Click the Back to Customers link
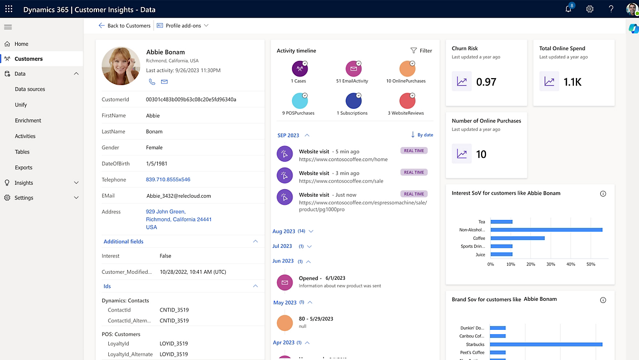(124, 25)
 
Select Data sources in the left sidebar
(30, 89)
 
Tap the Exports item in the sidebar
(24, 168)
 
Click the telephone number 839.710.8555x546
(168, 179)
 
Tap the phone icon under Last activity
(152, 82)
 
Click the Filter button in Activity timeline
(421, 51)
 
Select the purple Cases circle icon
(300, 69)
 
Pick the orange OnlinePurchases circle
(407, 69)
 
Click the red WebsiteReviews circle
(407, 101)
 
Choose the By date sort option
(422, 135)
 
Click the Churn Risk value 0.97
(486, 82)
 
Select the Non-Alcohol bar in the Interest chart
(546, 230)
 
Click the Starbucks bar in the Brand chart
(546, 344)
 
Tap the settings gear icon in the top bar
(590, 9)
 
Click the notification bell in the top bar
(568, 9)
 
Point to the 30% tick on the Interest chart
(551, 264)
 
